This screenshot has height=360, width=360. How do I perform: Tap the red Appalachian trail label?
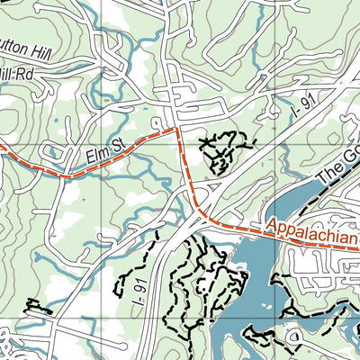pos(311,236)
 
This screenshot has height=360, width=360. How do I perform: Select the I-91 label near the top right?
pos(306,111)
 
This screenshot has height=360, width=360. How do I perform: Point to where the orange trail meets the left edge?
pos(3,141)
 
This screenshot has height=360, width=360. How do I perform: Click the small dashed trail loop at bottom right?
pos(292,337)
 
